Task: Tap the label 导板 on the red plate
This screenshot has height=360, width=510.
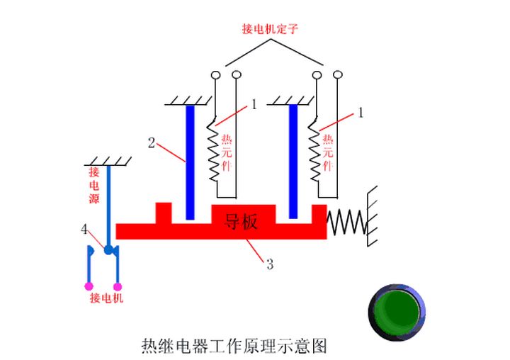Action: point(241,222)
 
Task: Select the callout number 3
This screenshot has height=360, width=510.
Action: point(270,264)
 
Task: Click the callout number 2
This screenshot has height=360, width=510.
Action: point(151,142)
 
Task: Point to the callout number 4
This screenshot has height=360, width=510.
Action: point(84,228)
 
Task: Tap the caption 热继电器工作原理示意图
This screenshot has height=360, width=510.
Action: point(234,347)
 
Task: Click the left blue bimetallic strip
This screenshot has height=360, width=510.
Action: point(190,162)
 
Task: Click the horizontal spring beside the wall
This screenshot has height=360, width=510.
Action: point(346,221)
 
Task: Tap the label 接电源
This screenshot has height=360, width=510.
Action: point(93,185)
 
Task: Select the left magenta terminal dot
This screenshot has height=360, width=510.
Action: point(89,286)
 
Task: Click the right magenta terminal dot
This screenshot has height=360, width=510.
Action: point(118,286)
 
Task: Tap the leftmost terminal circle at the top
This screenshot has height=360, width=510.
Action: point(215,74)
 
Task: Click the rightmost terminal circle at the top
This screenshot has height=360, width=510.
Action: point(338,74)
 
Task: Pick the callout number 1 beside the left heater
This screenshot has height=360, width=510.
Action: point(254,104)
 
